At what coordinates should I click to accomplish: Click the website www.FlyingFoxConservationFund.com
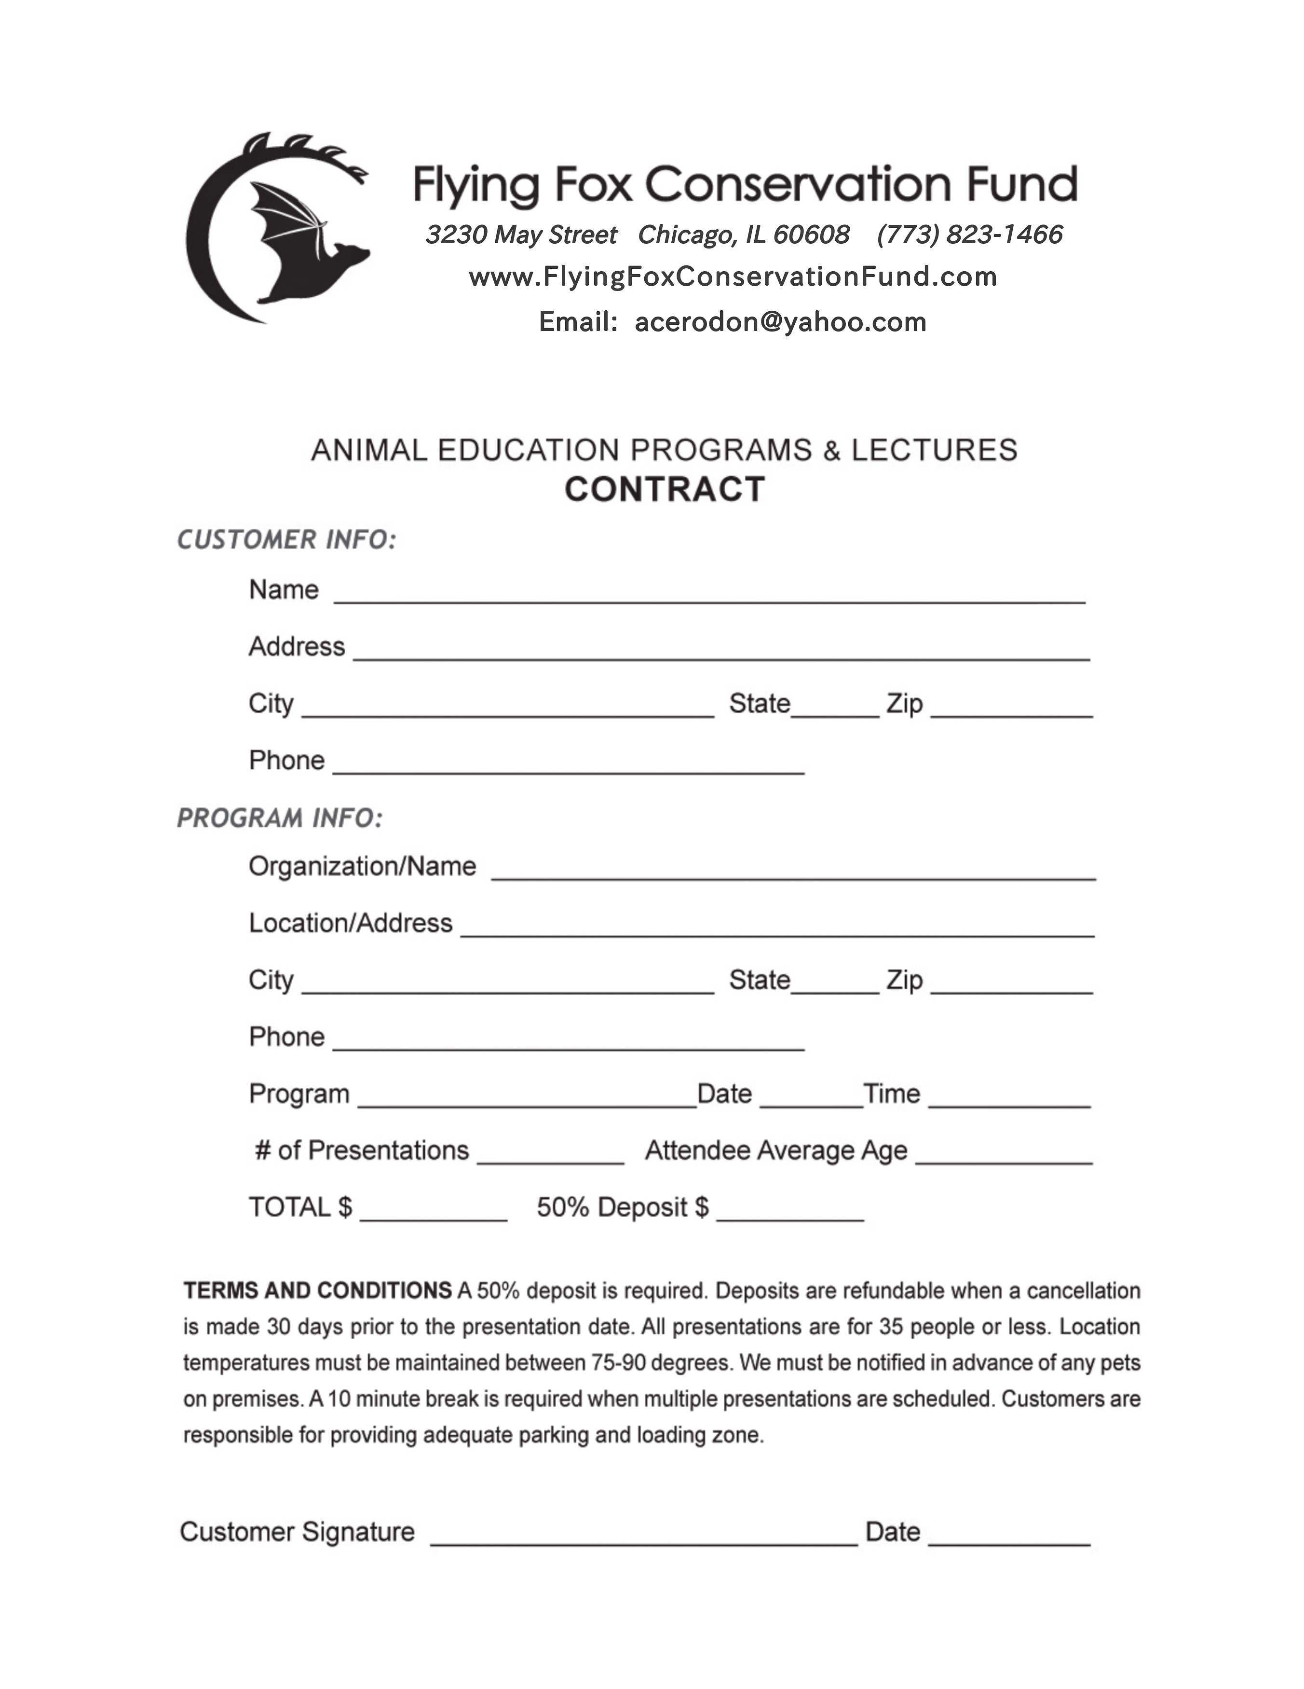tap(733, 277)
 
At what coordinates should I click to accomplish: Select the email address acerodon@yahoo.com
tap(780, 322)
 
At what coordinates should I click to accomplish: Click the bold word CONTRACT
tap(665, 489)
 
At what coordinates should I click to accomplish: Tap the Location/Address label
tap(350, 923)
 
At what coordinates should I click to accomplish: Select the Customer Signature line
tap(643, 1539)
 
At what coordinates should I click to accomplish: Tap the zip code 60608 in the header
tap(811, 235)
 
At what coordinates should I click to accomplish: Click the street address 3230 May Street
tap(521, 235)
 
